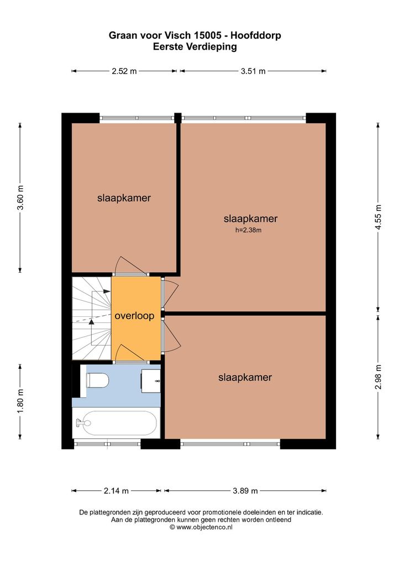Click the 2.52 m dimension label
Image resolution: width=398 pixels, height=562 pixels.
pyautogui.click(x=124, y=71)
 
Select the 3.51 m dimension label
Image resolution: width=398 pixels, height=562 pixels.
pyautogui.click(x=253, y=71)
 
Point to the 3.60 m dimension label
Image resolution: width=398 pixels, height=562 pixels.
pyautogui.click(x=20, y=198)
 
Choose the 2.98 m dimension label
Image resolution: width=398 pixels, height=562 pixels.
pyautogui.click(x=378, y=377)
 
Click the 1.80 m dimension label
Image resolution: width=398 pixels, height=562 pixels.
pyautogui.click(x=20, y=401)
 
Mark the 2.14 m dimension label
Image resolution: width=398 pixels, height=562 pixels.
pyautogui.click(x=116, y=491)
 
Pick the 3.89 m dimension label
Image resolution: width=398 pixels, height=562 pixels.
pyautogui.click(x=245, y=491)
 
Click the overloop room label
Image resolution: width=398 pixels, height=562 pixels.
pyautogui.click(x=134, y=316)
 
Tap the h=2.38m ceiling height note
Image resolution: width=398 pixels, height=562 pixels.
pyautogui.click(x=248, y=230)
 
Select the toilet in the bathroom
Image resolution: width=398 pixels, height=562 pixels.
pyautogui.click(x=97, y=380)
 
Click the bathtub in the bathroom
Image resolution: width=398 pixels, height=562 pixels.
pyautogui.click(x=116, y=423)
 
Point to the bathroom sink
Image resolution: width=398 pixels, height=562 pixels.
pyautogui.click(x=150, y=381)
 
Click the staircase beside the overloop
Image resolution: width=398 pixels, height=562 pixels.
pyautogui.click(x=92, y=319)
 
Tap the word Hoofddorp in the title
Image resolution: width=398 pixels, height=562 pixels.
pyautogui.click(x=255, y=35)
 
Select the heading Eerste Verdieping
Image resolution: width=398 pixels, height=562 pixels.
pyautogui.click(x=195, y=46)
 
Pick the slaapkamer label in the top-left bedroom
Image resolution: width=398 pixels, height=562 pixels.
pyautogui.click(x=124, y=198)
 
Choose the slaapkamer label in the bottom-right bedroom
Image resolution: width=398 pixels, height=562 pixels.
pyautogui.click(x=245, y=378)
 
